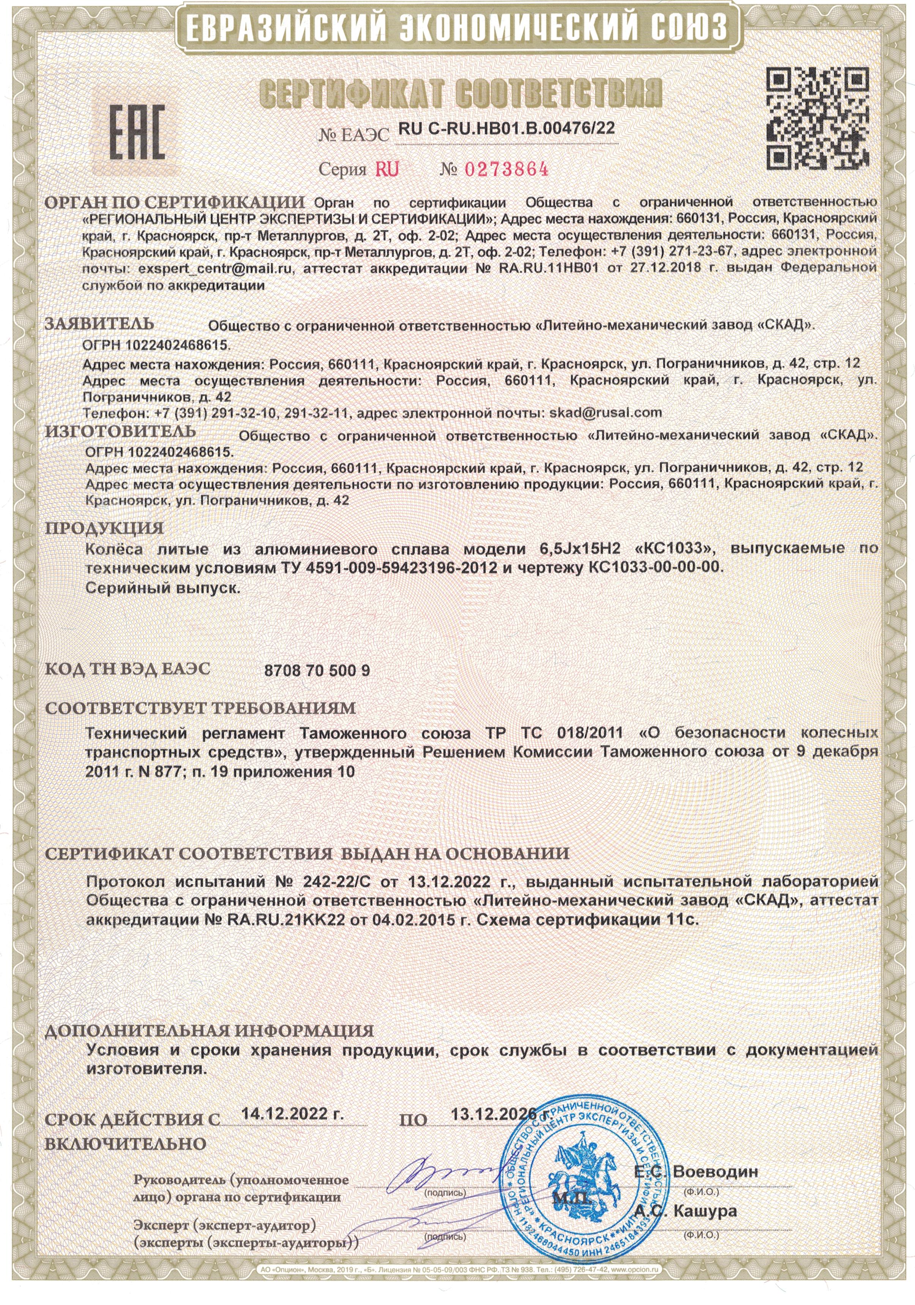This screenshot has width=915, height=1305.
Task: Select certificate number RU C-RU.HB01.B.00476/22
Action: tap(506, 128)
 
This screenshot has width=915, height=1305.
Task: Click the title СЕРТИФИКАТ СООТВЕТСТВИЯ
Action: tap(460, 93)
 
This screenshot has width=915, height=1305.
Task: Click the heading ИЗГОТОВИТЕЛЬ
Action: tap(120, 431)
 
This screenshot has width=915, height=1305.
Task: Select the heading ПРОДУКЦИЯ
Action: tap(104, 528)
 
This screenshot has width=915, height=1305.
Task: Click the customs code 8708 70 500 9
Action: tap(317, 671)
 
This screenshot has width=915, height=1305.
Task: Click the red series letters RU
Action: tap(387, 169)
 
